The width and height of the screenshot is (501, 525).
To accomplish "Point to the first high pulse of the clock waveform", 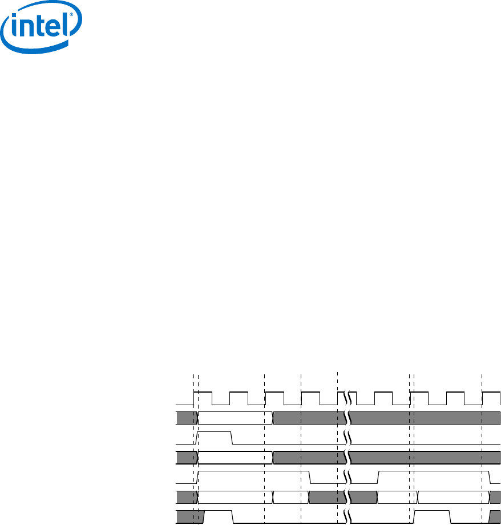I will [x=204, y=398].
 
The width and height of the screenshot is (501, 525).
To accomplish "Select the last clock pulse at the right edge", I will [x=491, y=398].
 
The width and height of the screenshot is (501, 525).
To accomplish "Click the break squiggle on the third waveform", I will [x=347, y=438].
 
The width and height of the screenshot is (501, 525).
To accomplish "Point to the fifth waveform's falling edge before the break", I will [x=309, y=478].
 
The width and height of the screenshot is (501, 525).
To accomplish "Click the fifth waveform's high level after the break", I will [x=434, y=473].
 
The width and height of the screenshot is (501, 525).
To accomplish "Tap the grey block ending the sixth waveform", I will [x=495, y=497].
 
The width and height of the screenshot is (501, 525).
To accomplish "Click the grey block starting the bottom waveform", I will [x=189, y=517].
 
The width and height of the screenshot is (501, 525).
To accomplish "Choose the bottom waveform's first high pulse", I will [x=218, y=512].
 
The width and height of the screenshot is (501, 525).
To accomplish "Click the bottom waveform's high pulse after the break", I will [x=432, y=512].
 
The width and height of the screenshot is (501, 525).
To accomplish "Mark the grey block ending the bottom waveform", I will [x=496, y=517].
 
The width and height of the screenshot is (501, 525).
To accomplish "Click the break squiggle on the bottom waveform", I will [x=347, y=517].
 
